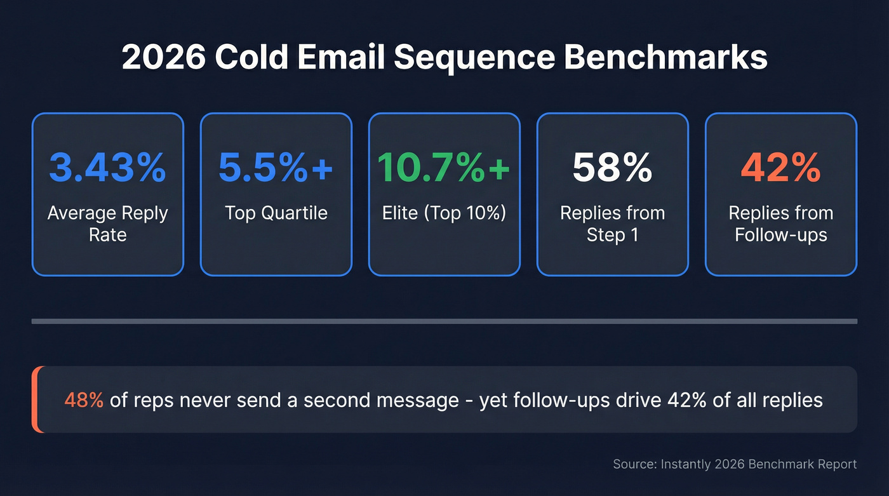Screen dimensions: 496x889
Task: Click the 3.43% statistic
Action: (x=107, y=168)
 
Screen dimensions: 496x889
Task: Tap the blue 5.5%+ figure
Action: (x=276, y=168)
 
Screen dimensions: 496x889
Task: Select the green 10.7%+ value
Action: (x=444, y=168)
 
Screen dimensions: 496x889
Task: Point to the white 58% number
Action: (x=612, y=168)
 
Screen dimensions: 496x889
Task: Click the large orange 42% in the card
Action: (x=780, y=168)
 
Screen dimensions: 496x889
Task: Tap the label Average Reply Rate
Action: (x=107, y=224)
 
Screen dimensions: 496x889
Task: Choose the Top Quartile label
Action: (x=276, y=213)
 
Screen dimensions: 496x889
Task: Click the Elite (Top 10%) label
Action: (x=444, y=213)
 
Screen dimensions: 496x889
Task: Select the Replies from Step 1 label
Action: (x=612, y=224)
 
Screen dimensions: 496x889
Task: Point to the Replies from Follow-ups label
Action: (x=780, y=224)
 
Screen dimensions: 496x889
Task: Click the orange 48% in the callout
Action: (x=84, y=400)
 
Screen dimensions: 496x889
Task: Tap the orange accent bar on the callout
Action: (x=36, y=399)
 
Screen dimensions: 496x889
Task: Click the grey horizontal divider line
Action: (x=444, y=321)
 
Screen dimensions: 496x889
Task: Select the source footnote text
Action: (x=735, y=464)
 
